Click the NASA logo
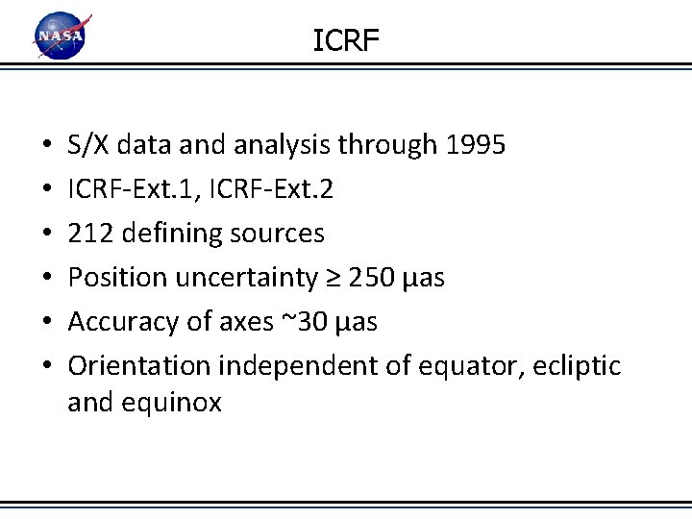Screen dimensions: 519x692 pyautogui.click(x=61, y=37)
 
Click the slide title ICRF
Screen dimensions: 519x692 pyautogui.click(x=346, y=40)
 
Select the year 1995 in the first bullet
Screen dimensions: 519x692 pyautogui.click(x=476, y=145)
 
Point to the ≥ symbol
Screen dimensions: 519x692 pyautogui.click(x=332, y=279)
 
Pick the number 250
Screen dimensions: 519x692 pyautogui.click(x=370, y=278)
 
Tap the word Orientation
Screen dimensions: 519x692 pyautogui.click(x=140, y=366)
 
